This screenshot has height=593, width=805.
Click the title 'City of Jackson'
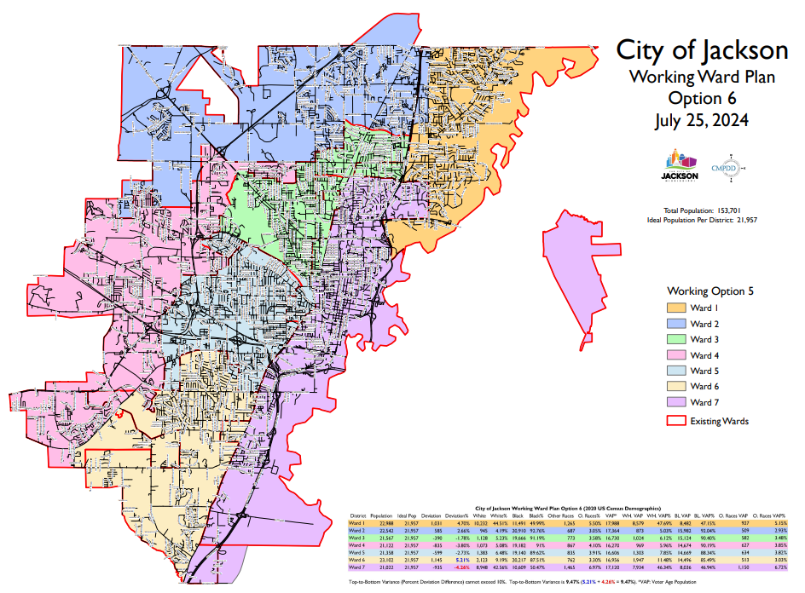(702, 49)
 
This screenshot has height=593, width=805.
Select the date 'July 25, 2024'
(702, 120)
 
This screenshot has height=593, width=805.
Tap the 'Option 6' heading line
(702, 98)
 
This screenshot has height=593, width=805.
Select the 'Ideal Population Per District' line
(702, 220)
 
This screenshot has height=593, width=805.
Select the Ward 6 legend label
(704, 387)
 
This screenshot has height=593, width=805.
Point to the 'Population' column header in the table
(381, 515)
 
